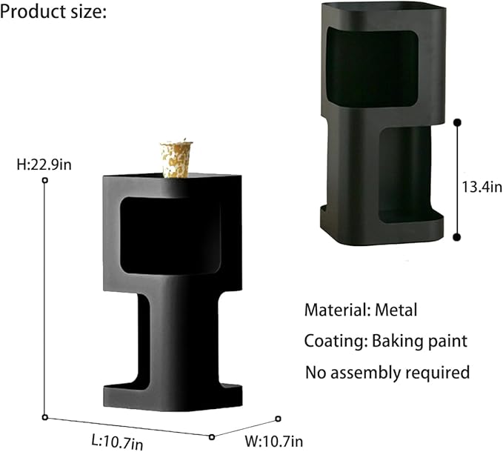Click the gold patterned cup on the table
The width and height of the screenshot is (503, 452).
pos(177,159)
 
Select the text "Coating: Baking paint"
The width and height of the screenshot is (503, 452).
pos(386,341)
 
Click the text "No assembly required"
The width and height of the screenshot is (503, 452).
pos(387,372)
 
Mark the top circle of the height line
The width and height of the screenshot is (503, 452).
pos(45,181)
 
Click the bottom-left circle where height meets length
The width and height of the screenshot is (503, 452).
pos(45,418)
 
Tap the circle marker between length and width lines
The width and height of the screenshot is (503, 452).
pos(212,436)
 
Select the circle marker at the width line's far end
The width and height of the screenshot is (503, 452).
pos(278,419)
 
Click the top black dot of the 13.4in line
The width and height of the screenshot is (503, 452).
pos(457,122)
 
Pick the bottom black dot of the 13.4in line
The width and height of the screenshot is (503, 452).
pos(457,237)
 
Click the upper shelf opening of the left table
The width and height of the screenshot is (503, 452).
pos(170,233)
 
